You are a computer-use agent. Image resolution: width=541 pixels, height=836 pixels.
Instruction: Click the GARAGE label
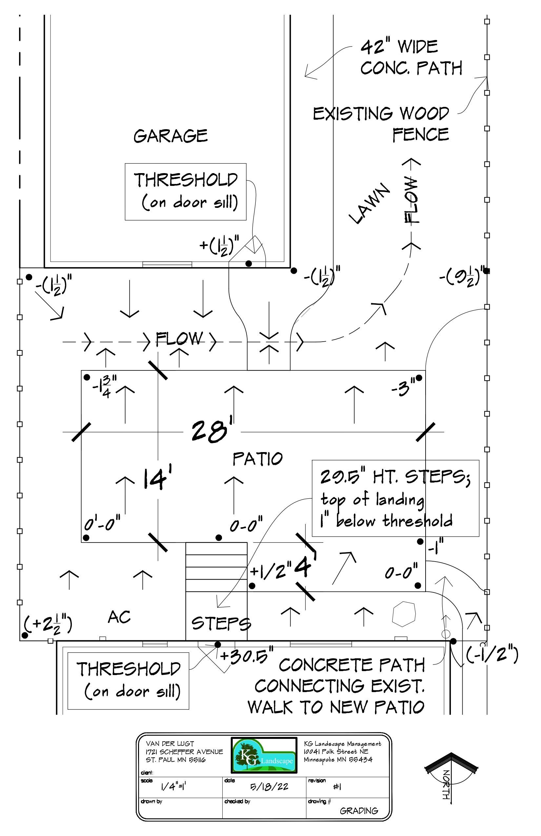[x=171, y=136]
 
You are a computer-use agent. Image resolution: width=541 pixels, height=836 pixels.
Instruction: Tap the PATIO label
[x=257, y=459]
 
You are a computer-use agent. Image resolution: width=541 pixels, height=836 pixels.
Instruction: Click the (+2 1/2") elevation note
[x=48, y=624]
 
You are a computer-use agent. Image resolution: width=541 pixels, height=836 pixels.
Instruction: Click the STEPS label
[x=221, y=624]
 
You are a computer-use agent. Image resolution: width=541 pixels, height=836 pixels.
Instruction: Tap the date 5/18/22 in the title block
[x=269, y=786]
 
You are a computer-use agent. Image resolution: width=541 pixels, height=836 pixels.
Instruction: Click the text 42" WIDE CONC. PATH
[x=411, y=58]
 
